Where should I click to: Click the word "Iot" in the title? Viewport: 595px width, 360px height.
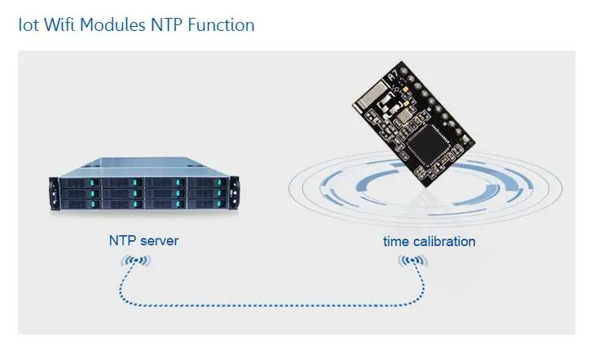(29, 25)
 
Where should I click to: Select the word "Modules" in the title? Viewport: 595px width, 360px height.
(112, 25)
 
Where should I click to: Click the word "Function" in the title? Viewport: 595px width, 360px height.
(221, 25)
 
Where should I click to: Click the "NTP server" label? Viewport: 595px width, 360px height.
(143, 240)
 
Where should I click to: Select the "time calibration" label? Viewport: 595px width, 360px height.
(430, 241)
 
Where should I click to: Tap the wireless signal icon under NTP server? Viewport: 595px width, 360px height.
(136, 261)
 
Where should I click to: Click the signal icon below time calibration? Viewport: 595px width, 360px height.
(413, 261)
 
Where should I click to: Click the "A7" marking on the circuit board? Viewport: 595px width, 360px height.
(393, 76)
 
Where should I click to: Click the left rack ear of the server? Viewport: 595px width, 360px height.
(54, 194)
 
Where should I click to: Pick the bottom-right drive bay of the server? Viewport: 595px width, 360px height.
(208, 204)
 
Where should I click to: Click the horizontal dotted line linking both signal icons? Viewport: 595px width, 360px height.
(271, 305)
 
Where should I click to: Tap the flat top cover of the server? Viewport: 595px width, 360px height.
(144, 167)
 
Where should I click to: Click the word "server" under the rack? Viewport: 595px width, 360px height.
(160, 241)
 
